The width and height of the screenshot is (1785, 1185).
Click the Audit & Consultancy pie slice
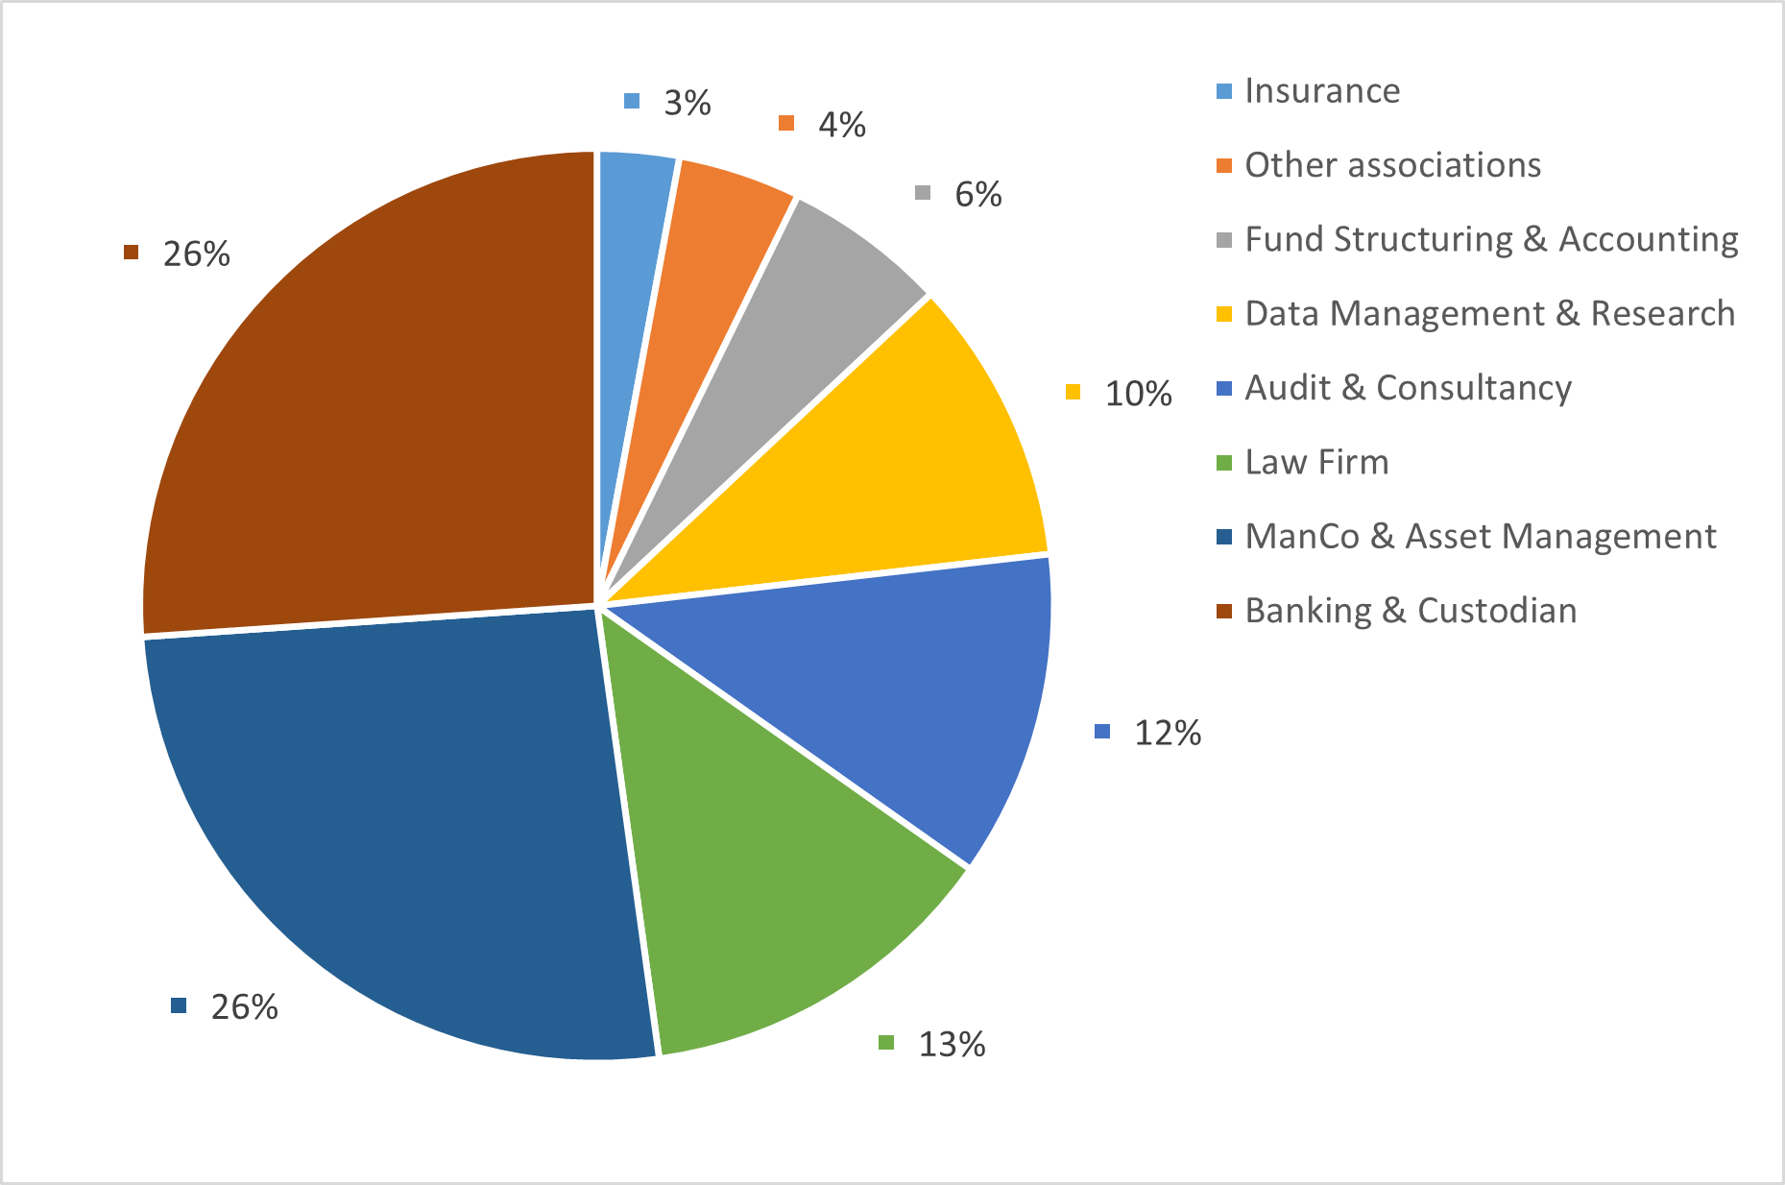[x=893, y=691]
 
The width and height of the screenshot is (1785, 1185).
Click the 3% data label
[x=687, y=103]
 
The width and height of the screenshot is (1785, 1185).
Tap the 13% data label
[x=952, y=1044]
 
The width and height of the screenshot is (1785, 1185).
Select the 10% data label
[x=1138, y=394]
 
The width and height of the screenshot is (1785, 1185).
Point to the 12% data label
[x=1168, y=733]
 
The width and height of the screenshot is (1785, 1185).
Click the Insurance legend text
[x=1322, y=91]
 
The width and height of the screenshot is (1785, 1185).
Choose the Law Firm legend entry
[x=1316, y=463]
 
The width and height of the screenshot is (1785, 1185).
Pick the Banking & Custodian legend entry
[x=1411, y=611]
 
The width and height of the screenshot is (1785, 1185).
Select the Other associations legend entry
[x=1392, y=165]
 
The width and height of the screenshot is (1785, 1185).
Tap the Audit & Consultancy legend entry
[x=1408, y=388]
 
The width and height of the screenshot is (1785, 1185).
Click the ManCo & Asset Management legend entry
[x=1480, y=537]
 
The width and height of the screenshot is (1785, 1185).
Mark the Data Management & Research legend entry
[x=1489, y=314]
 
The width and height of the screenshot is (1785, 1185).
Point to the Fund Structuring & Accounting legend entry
[x=1491, y=239]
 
